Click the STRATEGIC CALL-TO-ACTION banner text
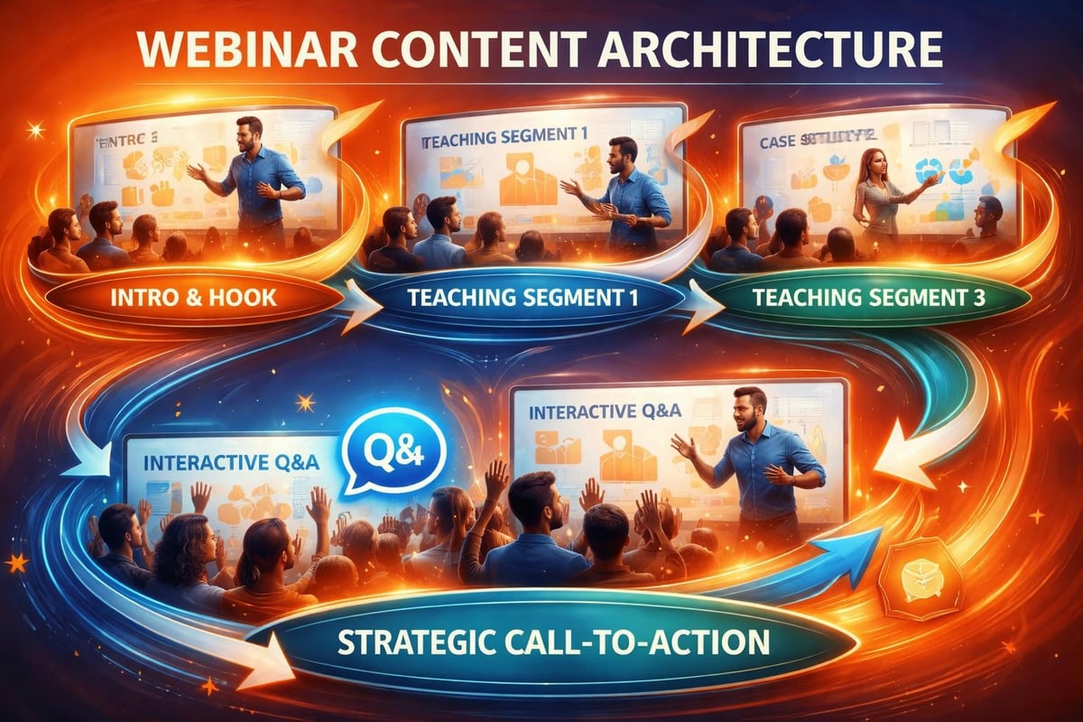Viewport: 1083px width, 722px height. tap(554, 643)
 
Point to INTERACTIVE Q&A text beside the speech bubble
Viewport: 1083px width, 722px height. tap(232, 463)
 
